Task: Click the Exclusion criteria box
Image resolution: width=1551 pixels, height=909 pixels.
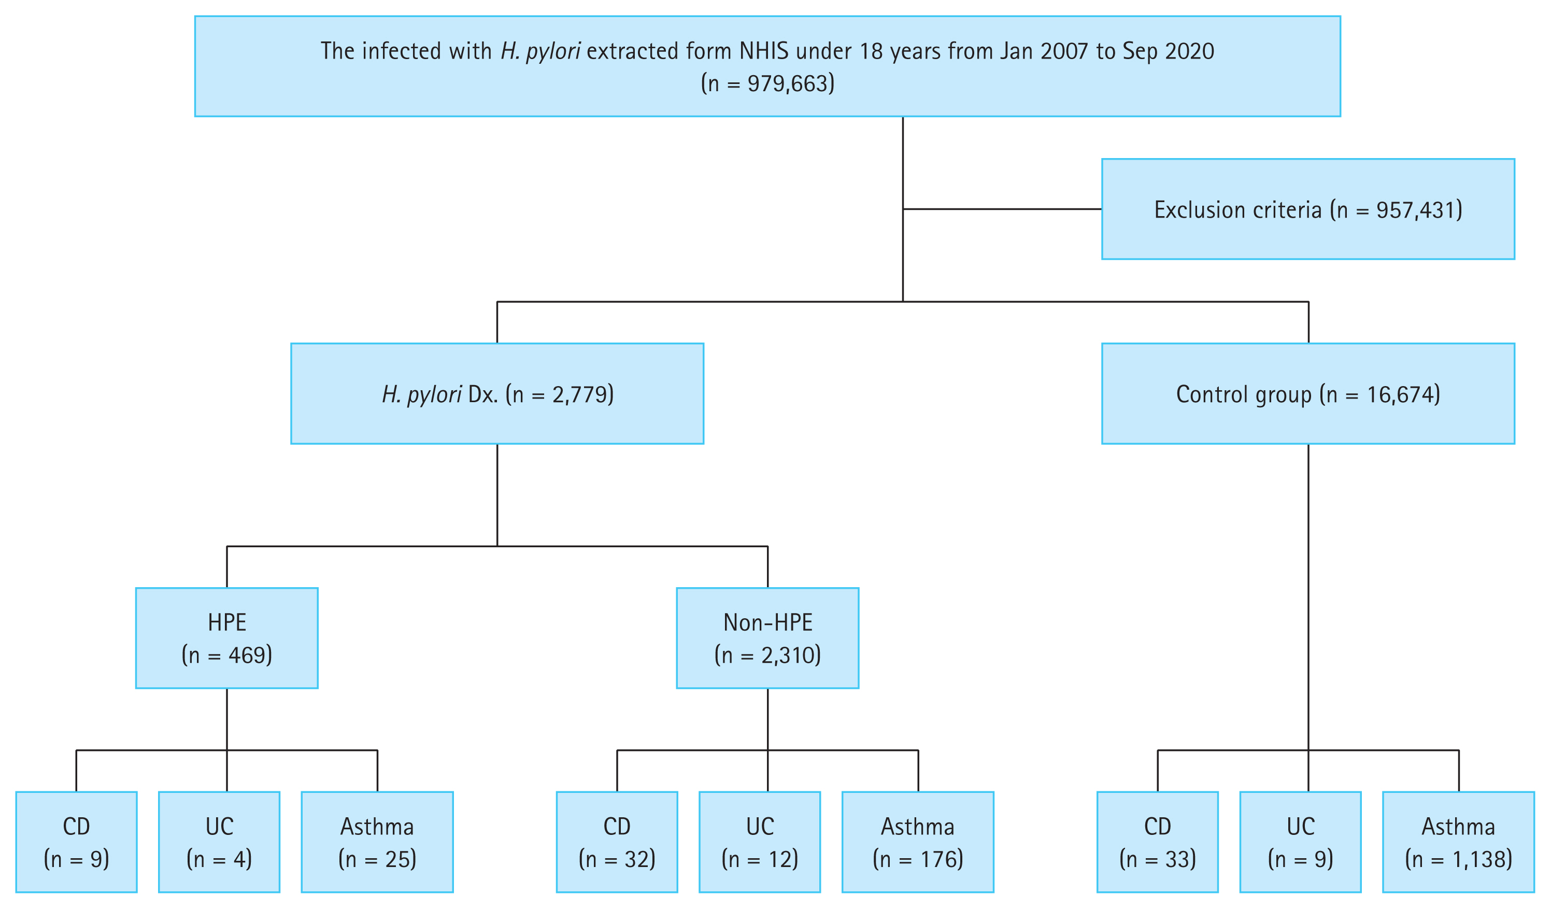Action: coord(1307,209)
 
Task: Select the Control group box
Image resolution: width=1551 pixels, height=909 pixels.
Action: coord(1307,394)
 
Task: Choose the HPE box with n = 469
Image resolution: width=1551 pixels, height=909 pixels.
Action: coord(226,638)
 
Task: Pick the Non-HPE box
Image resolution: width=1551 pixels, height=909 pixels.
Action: coord(767,638)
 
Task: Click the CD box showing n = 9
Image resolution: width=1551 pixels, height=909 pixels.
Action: coord(76,842)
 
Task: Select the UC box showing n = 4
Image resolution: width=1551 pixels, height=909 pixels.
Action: coord(219,842)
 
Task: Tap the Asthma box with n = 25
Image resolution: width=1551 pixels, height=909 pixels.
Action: coord(377,842)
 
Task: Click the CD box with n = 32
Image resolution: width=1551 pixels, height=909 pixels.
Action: coord(617,842)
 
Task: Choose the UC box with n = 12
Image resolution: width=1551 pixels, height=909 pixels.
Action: coord(760,842)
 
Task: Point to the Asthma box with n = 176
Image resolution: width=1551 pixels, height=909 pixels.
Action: coord(917,842)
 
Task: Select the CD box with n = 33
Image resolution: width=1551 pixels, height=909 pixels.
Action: coord(1157,842)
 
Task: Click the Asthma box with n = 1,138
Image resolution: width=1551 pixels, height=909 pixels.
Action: coord(1458,842)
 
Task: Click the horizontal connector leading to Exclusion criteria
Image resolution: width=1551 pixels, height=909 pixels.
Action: coord(1002,209)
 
